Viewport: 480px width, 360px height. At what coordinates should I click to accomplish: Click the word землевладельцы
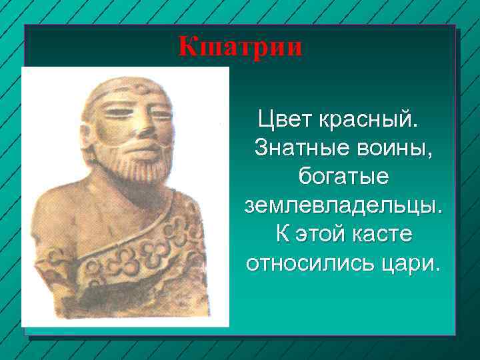coord(343,206)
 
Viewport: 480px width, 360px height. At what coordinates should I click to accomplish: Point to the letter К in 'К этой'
coord(281,235)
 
